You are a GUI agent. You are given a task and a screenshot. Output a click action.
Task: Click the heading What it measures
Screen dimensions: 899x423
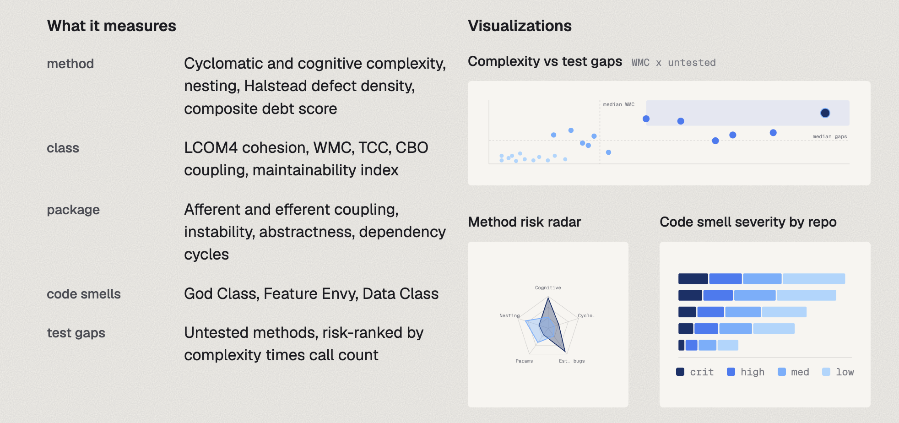click(x=112, y=26)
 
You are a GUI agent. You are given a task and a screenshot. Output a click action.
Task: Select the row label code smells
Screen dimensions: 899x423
click(x=84, y=294)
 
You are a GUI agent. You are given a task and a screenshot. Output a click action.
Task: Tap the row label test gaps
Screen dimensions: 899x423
click(x=76, y=333)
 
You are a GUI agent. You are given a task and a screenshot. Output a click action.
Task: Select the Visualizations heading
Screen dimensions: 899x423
click(x=520, y=26)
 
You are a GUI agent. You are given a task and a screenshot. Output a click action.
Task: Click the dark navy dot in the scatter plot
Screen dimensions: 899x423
click(x=825, y=113)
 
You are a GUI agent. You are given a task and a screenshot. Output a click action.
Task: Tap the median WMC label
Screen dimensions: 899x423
click(x=618, y=105)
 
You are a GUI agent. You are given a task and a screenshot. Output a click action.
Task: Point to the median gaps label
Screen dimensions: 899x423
click(x=829, y=136)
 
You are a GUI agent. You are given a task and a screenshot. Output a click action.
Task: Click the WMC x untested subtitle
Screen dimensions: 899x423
click(x=673, y=63)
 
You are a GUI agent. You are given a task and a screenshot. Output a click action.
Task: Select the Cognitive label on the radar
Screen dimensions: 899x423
click(x=548, y=288)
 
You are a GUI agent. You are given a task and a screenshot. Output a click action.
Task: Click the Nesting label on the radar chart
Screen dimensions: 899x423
click(x=509, y=316)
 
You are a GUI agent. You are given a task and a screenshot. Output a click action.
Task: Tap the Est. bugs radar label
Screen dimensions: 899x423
click(x=572, y=361)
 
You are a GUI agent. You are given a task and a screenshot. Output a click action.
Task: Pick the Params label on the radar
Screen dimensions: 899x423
click(x=524, y=361)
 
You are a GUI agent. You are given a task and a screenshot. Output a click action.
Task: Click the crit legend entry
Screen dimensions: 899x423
click(x=695, y=372)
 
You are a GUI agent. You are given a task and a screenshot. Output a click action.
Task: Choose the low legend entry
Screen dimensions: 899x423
click(x=838, y=372)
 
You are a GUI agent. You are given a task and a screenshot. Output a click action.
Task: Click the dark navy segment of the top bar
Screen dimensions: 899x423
click(x=693, y=279)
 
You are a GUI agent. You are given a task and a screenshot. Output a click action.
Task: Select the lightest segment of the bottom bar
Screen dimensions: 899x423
click(x=728, y=345)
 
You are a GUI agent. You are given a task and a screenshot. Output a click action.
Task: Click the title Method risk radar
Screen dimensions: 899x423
click(x=524, y=222)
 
